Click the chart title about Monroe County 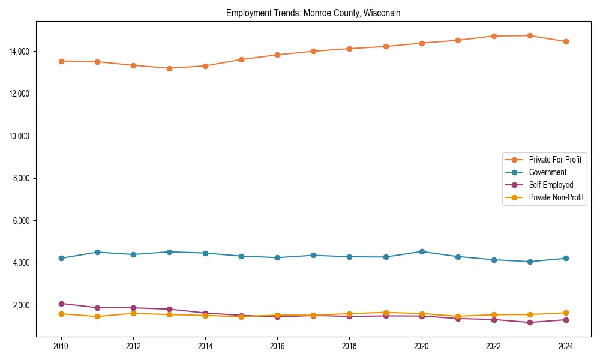[x=313, y=13]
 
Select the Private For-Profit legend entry [x=555, y=160]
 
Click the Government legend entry [x=547, y=172]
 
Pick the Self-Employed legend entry [x=551, y=185]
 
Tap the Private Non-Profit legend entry [x=556, y=197]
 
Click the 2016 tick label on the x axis [x=277, y=346]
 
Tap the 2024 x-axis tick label [x=565, y=346]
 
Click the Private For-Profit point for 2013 [x=169, y=68]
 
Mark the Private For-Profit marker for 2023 [x=530, y=35]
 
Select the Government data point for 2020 [x=422, y=251]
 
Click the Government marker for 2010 [x=61, y=259]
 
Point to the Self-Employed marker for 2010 [x=61, y=304]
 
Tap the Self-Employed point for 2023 [x=530, y=323]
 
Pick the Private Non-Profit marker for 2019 [x=386, y=313]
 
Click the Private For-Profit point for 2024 [x=566, y=41]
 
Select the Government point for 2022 [x=494, y=260]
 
